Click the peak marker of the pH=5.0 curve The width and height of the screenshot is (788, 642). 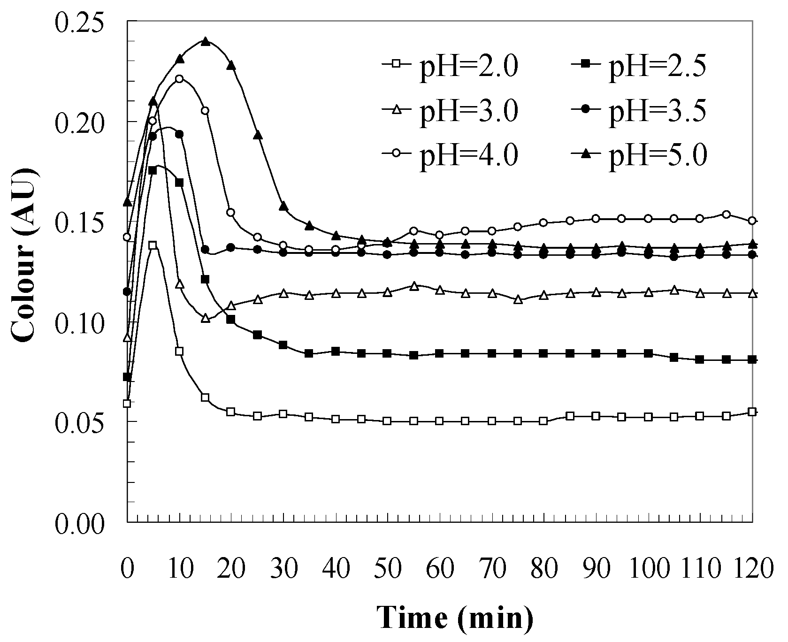point(205,42)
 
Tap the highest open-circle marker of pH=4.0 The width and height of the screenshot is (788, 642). point(179,78)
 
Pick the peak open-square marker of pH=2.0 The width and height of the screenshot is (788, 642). point(152,245)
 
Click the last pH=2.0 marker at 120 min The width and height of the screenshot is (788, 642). point(752,412)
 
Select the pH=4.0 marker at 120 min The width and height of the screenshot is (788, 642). point(752,221)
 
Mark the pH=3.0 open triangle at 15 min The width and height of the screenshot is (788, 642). point(205,318)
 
